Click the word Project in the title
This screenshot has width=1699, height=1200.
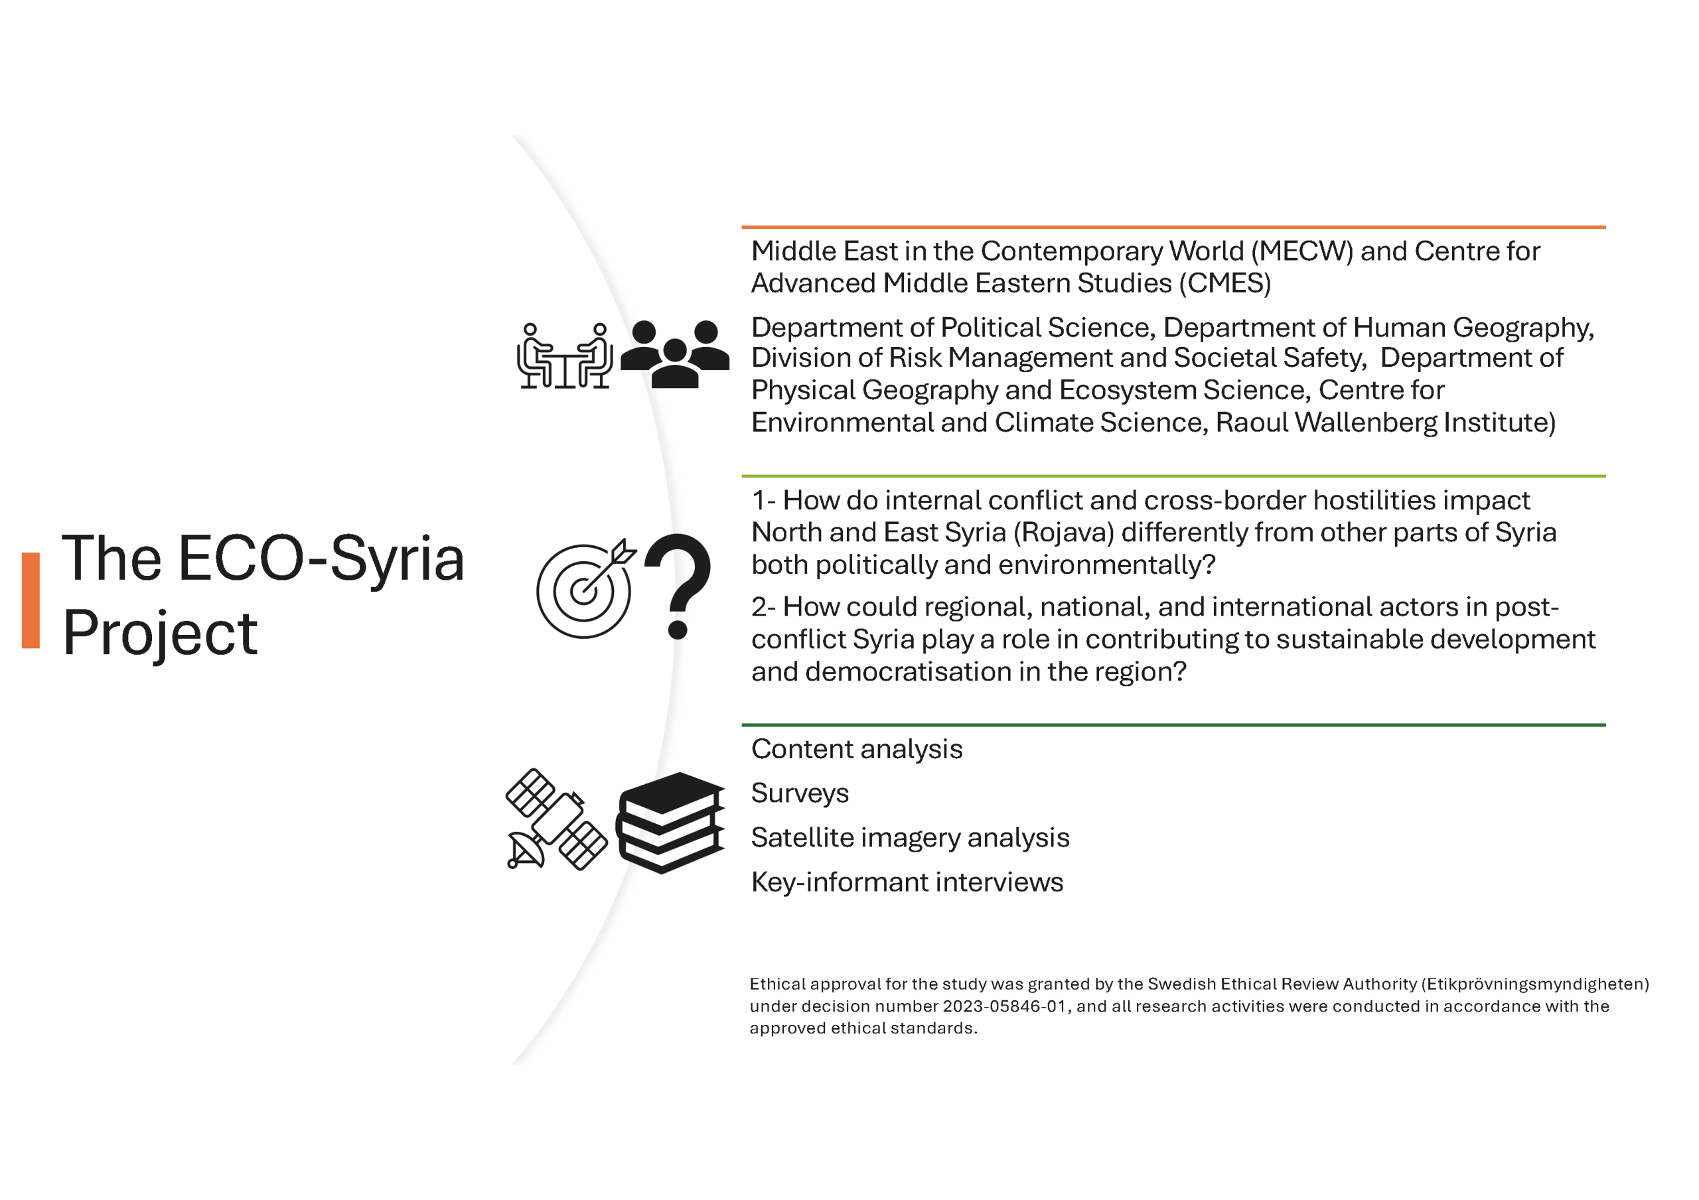160,633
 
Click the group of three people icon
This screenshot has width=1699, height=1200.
675,354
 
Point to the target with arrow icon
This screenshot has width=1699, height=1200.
585,589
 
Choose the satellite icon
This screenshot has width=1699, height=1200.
556,820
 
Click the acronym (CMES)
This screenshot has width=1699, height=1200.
1224,283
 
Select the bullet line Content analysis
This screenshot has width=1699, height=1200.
856,750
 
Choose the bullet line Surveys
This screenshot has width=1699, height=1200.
800,793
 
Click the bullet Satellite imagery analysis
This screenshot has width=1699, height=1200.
909,838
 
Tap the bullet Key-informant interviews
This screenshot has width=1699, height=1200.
907,882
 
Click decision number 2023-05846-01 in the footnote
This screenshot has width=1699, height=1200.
1004,1006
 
